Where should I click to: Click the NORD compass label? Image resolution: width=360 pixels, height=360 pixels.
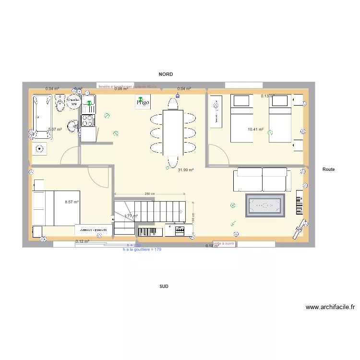(x=166, y=74)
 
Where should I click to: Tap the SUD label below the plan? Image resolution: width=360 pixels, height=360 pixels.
(x=164, y=286)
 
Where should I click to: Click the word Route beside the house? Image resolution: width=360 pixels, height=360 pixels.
(x=329, y=169)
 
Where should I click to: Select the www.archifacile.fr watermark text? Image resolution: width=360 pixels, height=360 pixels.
(x=330, y=307)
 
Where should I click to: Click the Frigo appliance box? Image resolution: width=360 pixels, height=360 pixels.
(x=142, y=102)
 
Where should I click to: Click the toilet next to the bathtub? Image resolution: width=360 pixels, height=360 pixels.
(x=60, y=103)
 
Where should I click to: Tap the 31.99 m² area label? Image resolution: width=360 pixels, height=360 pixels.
(x=185, y=170)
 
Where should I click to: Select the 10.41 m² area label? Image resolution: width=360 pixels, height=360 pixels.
(x=255, y=129)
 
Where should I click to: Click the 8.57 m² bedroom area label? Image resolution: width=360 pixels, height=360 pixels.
(x=72, y=203)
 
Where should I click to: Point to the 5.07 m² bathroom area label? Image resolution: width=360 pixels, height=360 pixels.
(x=55, y=129)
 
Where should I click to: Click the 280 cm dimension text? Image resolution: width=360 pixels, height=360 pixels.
(x=149, y=194)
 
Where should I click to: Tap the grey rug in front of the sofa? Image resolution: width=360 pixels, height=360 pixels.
(x=265, y=205)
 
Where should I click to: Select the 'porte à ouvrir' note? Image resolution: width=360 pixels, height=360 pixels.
(x=224, y=243)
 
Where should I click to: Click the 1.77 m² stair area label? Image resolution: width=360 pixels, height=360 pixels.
(x=131, y=216)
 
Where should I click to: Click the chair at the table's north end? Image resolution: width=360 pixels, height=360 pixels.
(x=173, y=104)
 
